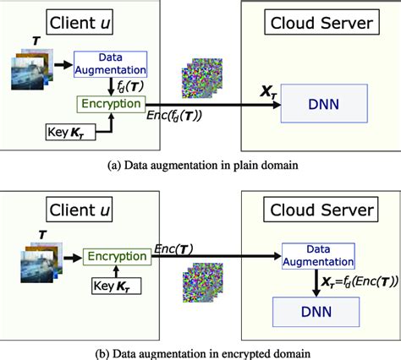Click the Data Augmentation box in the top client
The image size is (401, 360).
click(x=111, y=63)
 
